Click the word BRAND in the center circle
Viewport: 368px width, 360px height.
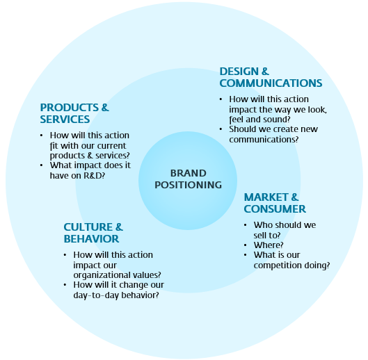pyautogui.click(x=189, y=173)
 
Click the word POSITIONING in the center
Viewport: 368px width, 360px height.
pyautogui.click(x=189, y=185)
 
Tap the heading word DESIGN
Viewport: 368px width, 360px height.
pyautogui.click(x=239, y=72)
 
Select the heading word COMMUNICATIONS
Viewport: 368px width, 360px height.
pyautogui.click(x=271, y=83)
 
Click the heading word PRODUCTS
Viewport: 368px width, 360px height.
pyautogui.click(x=70, y=108)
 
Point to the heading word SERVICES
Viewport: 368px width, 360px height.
pyautogui.click(x=65, y=119)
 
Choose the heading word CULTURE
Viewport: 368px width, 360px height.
pyautogui.click(x=88, y=227)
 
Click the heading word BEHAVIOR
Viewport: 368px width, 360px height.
pyautogui.click(x=91, y=239)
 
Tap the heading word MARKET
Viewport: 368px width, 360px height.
pyautogui.click(x=266, y=197)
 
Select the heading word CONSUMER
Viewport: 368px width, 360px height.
pyautogui.click(x=275, y=208)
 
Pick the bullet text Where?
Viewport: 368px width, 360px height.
pyautogui.click(x=269, y=245)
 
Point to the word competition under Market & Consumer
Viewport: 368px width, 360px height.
pyautogui.click(x=278, y=265)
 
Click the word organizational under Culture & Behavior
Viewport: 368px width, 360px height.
pyautogui.click(x=102, y=275)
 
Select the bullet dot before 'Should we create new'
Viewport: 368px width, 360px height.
pyautogui.click(x=221, y=129)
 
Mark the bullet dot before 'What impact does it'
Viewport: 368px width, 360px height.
pyautogui.click(x=42, y=165)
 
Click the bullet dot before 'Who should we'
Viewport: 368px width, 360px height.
pyautogui.click(x=246, y=225)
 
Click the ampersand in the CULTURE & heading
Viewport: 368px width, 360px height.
pyautogui.click(x=119, y=227)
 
